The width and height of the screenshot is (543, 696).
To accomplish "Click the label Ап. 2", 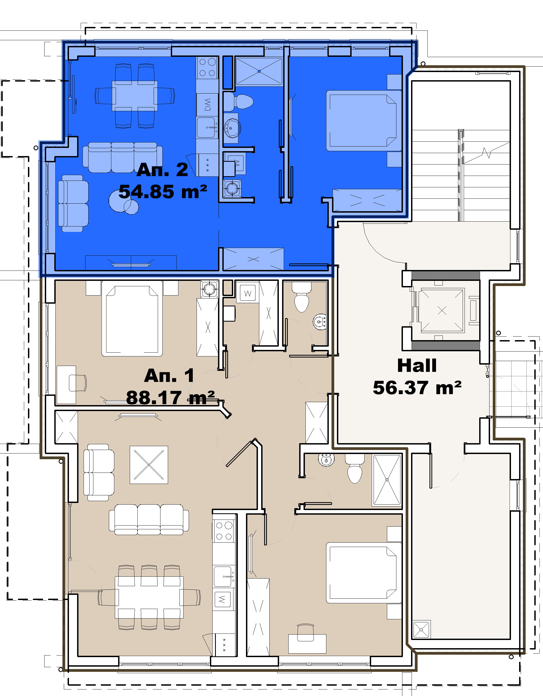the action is tap(162, 170).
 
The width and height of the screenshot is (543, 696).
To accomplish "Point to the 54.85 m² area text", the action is tap(163, 192).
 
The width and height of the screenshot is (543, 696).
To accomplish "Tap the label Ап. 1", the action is tap(169, 375).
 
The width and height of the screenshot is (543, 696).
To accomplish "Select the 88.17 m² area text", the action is tap(171, 398).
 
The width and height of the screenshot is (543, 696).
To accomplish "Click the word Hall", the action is tap(417, 365).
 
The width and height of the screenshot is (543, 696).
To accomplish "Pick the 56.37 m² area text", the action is tap(417, 388).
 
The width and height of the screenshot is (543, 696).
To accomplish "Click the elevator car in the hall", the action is tap(442, 310).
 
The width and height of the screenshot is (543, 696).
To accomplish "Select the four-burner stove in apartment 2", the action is tap(207, 67).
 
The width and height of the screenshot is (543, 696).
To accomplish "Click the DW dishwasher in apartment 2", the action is tap(207, 104).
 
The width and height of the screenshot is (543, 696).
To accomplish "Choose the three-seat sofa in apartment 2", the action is tap(122, 157).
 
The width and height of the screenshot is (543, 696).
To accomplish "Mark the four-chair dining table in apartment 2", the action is tap(135, 96).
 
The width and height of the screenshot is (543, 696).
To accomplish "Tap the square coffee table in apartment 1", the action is tap(149, 465).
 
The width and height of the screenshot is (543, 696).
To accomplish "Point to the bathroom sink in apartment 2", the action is tap(232, 128).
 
